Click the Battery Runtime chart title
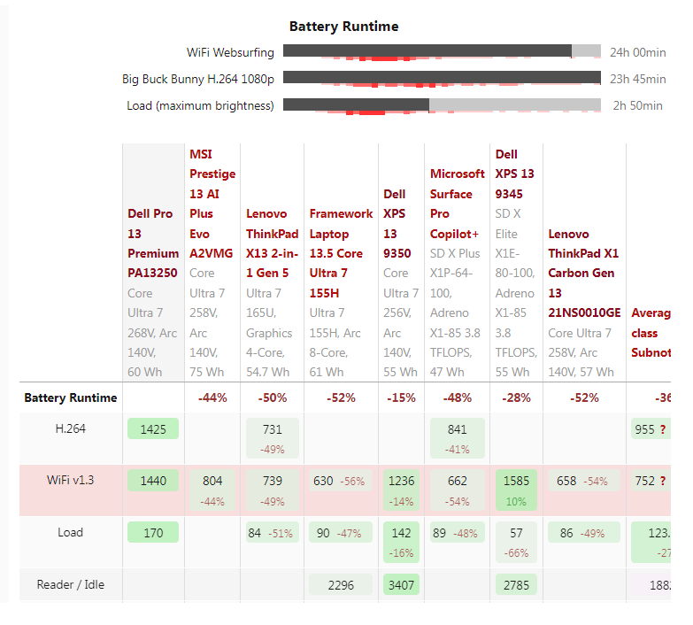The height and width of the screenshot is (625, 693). [343, 27]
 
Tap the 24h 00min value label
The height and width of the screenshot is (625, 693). [637, 53]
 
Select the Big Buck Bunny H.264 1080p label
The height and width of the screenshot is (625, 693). [198, 80]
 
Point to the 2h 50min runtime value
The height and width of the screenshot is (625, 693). [637, 106]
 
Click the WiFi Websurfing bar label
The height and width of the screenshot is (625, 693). [230, 53]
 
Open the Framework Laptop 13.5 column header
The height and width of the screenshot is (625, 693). [341, 253]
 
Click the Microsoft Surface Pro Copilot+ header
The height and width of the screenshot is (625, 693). [457, 204]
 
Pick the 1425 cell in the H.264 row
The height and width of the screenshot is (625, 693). [153, 428]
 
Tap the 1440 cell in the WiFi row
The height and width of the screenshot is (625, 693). [153, 481]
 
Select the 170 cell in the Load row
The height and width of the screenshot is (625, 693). [153, 532]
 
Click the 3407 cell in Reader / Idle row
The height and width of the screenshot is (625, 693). [401, 584]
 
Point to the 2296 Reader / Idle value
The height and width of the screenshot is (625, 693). [341, 584]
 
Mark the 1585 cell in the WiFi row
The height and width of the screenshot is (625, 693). [516, 481]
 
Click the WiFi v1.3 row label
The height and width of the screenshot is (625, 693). [71, 480]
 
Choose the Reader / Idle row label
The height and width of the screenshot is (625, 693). [71, 584]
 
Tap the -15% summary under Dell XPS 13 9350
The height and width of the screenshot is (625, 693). [401, 398]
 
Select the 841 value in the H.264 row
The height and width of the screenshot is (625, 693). [457, 428]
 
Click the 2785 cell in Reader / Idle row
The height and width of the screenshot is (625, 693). [516, 584]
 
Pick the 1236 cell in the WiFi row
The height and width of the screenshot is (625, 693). [401, 481]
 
